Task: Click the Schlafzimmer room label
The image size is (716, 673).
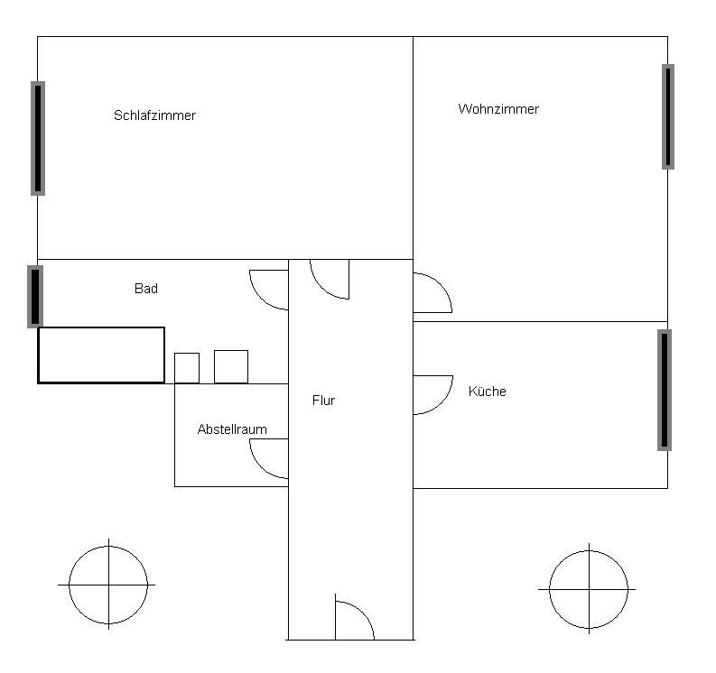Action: point(154,115)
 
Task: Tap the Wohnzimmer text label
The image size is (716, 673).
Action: point(498,109)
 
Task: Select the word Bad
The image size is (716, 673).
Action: point(146,289)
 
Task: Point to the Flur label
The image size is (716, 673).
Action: point(324,401)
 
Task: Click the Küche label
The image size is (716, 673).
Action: point(488,391)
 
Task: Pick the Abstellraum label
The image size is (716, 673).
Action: point(232,429)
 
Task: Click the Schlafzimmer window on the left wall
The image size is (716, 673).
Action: point(38,138)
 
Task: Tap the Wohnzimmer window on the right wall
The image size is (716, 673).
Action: point(668,116)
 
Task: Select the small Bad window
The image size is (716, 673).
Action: point(35,297)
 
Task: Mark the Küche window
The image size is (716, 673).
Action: point(665,390)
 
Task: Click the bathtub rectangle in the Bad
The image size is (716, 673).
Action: point(101,355)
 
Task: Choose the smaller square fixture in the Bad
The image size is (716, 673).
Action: point(187,368)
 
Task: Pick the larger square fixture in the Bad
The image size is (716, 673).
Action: point(231,367)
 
